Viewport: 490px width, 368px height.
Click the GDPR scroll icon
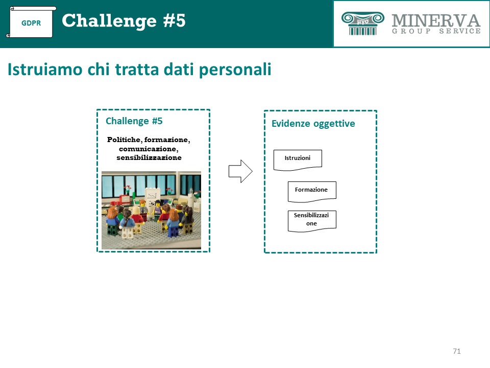(31, 22)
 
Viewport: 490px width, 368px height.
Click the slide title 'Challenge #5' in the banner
(124, 20)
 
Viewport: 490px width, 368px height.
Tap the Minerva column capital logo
(362, 23)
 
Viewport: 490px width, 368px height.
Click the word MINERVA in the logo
(436, 20)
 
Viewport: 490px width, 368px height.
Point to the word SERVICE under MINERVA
(460, 31)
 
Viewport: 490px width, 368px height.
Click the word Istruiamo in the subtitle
(45, 69)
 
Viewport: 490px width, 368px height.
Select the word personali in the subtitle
(235, 70)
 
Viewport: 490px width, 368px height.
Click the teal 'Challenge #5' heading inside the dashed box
(134, 121)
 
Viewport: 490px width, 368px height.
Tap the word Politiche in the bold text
(124, 140)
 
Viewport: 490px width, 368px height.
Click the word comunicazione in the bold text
(149, 149)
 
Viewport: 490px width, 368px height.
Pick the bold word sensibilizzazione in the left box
(149, 157)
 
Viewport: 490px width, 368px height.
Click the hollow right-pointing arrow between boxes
(240, 171)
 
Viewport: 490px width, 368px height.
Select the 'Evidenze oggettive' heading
(313, 124)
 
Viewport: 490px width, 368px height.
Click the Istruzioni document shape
(298, 160)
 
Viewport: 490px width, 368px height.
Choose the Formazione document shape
(312, 192)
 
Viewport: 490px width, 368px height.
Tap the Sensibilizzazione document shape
(312, 221)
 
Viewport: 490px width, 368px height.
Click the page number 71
(456, 351)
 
